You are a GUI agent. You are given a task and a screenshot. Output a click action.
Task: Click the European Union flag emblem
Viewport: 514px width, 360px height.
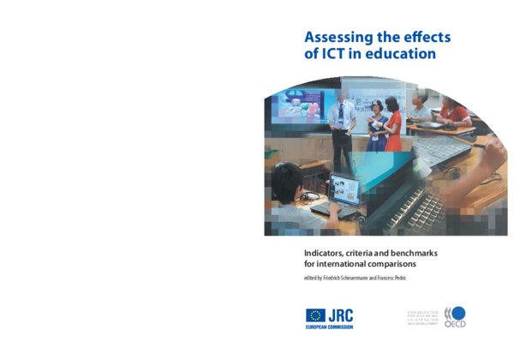pyautogui.click(x=315, y=315)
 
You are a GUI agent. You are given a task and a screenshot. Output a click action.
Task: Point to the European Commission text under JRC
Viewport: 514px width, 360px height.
pyautogui.click(x=329, y=327)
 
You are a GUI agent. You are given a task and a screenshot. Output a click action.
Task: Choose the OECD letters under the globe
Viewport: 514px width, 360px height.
pyautogui.click(x=456, y=325)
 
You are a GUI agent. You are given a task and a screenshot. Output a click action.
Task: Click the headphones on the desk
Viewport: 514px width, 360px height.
pyautogui.click(x=308, y=196)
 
